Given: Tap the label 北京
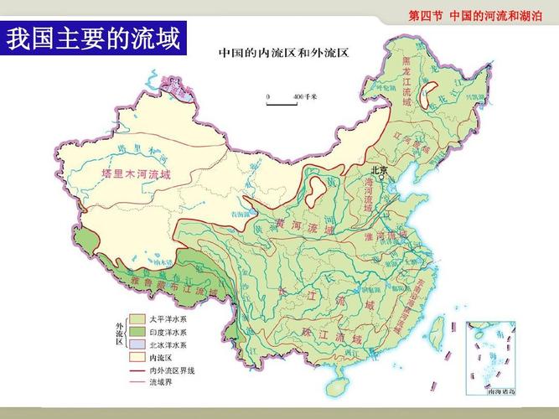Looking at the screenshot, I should coord(379,169).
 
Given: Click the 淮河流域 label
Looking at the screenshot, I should coord(392,236).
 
